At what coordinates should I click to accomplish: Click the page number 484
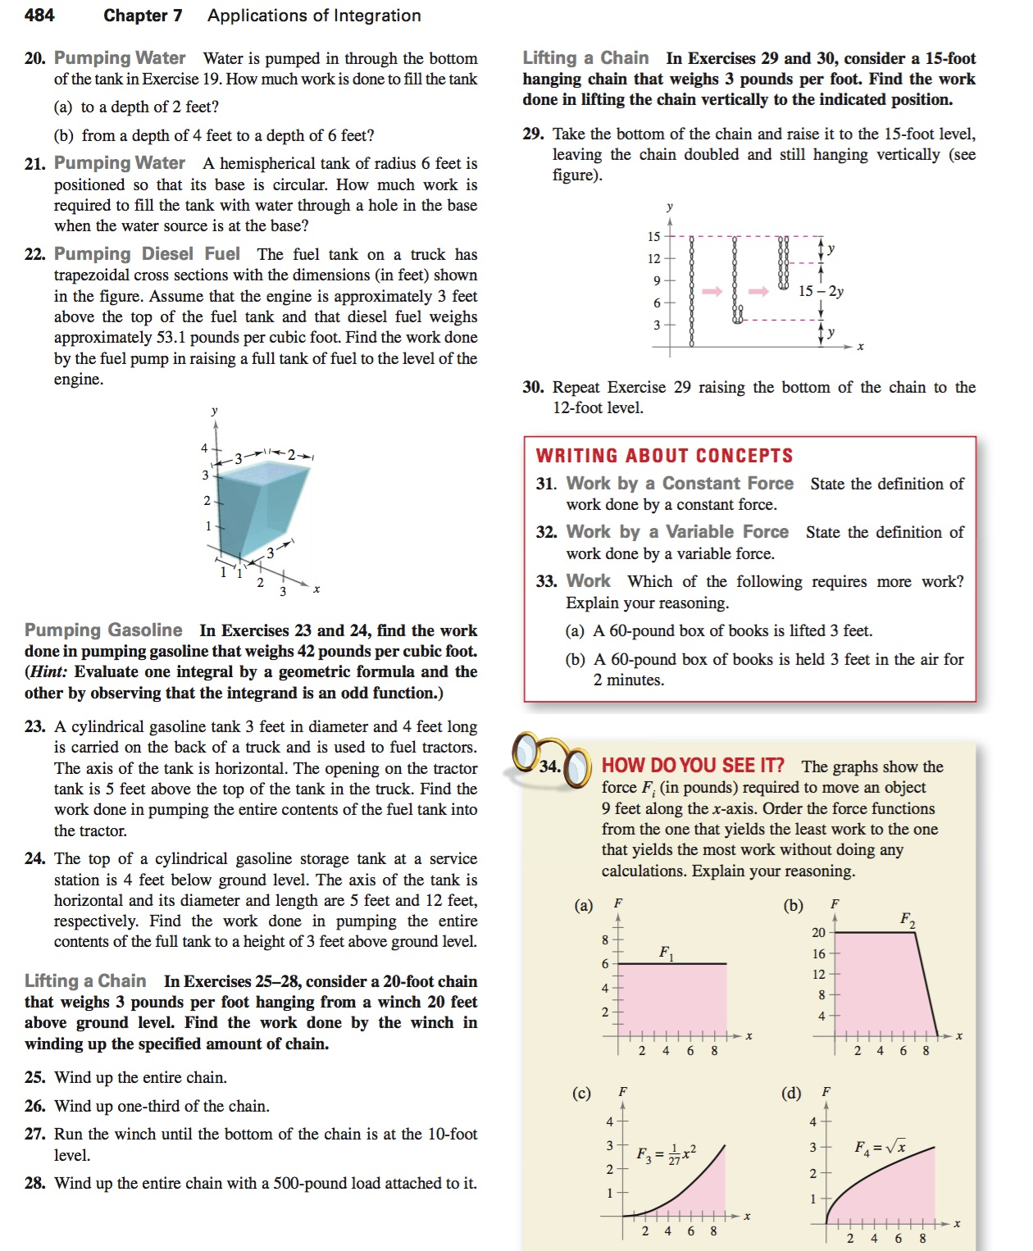click(39, 15)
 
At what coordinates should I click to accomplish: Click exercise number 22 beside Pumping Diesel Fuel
click(34, 255)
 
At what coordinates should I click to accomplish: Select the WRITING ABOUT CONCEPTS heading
click(664, 456)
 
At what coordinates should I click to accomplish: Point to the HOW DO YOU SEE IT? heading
click(693, 766)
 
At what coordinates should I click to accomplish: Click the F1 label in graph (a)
click(667, 953)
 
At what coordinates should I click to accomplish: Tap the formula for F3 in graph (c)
click(667, 1153)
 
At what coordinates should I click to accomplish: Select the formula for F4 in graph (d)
click(881, 1148)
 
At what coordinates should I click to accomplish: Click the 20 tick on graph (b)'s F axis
click(818, 933)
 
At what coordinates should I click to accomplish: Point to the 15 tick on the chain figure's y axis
click(653, 237)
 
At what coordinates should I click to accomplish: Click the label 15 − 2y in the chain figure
click(821, 291)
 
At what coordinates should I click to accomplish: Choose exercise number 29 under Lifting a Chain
click(533, 134)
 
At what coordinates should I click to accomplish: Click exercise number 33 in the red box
click(546, 582)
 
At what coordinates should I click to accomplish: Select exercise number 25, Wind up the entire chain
click(34, 1078)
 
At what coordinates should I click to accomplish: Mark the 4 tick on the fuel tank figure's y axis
click(204, 448)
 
